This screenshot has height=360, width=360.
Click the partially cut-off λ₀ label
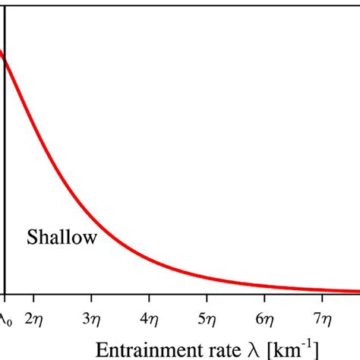pyautogui.click(x=4, y=317)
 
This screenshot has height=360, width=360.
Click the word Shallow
pyautogui.click(x=62, y=238)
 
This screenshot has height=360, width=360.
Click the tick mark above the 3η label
pyautogui.click(x=90, y=297)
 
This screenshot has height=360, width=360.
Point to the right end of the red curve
pyautogui.click(x=358, y=291)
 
